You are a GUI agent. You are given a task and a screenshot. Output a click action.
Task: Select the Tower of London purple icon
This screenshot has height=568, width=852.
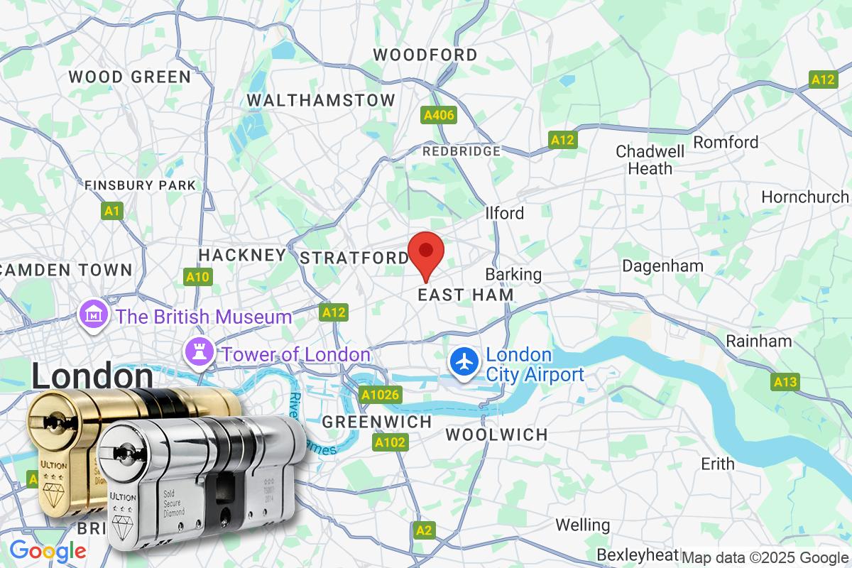(x=197, y=349)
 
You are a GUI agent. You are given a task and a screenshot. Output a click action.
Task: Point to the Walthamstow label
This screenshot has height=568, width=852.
(x=321, y=100)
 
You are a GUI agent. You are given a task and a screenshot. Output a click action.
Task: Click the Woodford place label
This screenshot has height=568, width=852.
(x=425, y=55)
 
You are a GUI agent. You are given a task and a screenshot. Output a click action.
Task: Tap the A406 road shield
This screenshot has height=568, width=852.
(x=438, y=115)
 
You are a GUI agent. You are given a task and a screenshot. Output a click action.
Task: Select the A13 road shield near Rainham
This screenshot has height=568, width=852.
(x=785, y=382)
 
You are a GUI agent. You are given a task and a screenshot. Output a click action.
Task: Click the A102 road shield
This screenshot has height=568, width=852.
(x=390, y=443)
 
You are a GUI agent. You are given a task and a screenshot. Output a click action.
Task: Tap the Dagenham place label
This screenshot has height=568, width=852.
(x=662, y=266)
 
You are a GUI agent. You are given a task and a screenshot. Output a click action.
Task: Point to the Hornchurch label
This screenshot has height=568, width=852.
(x=804, y=197)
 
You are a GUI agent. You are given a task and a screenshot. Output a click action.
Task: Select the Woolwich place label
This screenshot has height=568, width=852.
(x=496, y=434)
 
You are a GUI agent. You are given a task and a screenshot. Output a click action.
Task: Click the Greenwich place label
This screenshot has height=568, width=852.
(x=377, y=422)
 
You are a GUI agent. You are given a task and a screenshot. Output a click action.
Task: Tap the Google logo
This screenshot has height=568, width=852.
(x=48, y=550)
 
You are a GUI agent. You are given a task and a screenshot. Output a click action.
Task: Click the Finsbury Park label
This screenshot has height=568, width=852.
(x=140, y=185)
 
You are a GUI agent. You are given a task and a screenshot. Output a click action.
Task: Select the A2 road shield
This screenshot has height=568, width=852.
(x=423, y=530)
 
